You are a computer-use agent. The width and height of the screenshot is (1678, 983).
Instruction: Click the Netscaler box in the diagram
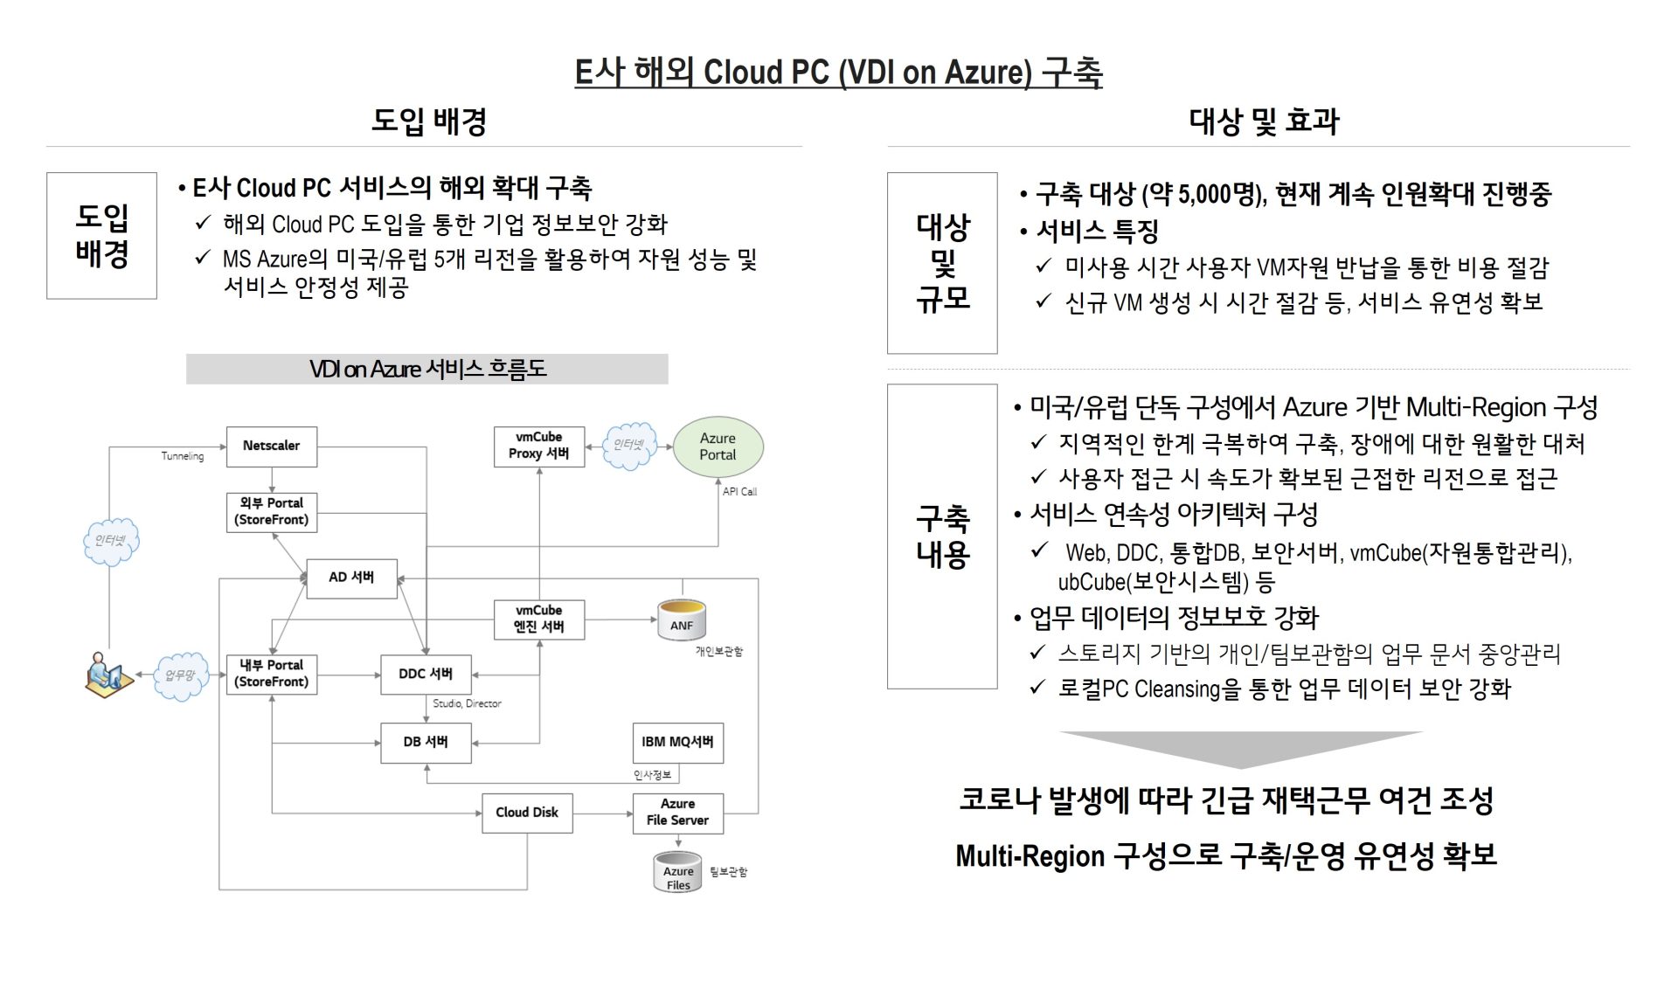click(x=271, y=447)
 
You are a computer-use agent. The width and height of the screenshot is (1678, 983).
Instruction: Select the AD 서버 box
click(x=351, y=578)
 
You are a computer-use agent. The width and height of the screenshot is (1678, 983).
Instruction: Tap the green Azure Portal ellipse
click(x=718, y=447)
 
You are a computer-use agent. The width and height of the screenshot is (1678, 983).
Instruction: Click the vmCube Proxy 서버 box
click(x=538, y=447)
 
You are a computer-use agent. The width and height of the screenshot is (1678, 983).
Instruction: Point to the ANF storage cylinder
click(x=682, y=620)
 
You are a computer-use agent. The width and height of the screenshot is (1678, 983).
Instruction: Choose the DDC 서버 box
click(x=426, y=675)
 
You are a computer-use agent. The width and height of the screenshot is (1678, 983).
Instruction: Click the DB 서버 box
click(x=426, y=743)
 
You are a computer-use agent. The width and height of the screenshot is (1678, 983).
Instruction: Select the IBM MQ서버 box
click(x=677, y=743)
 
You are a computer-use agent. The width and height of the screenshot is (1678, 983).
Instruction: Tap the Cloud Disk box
click(x=527, y=813)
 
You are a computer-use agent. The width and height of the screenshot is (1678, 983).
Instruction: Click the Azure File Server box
click(x=677, y=813)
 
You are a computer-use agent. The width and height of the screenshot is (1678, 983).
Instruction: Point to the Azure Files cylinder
click(x=678, y=872)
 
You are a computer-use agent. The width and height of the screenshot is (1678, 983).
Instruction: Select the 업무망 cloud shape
click(x=181, y=675)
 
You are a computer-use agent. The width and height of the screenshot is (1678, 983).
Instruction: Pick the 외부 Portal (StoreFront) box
click(x=271, y=512)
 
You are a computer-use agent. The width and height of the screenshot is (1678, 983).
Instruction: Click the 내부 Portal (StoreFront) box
click(x=271, y=675)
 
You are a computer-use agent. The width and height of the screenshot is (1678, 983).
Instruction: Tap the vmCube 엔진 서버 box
click(x=538, y=620)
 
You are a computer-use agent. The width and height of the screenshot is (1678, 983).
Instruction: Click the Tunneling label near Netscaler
click(x=182, y=456)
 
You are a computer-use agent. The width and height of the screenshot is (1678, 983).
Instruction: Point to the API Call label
click(x=739, y=492)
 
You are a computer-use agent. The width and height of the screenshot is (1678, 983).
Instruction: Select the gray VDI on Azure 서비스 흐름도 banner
click(x=426, y=369)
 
